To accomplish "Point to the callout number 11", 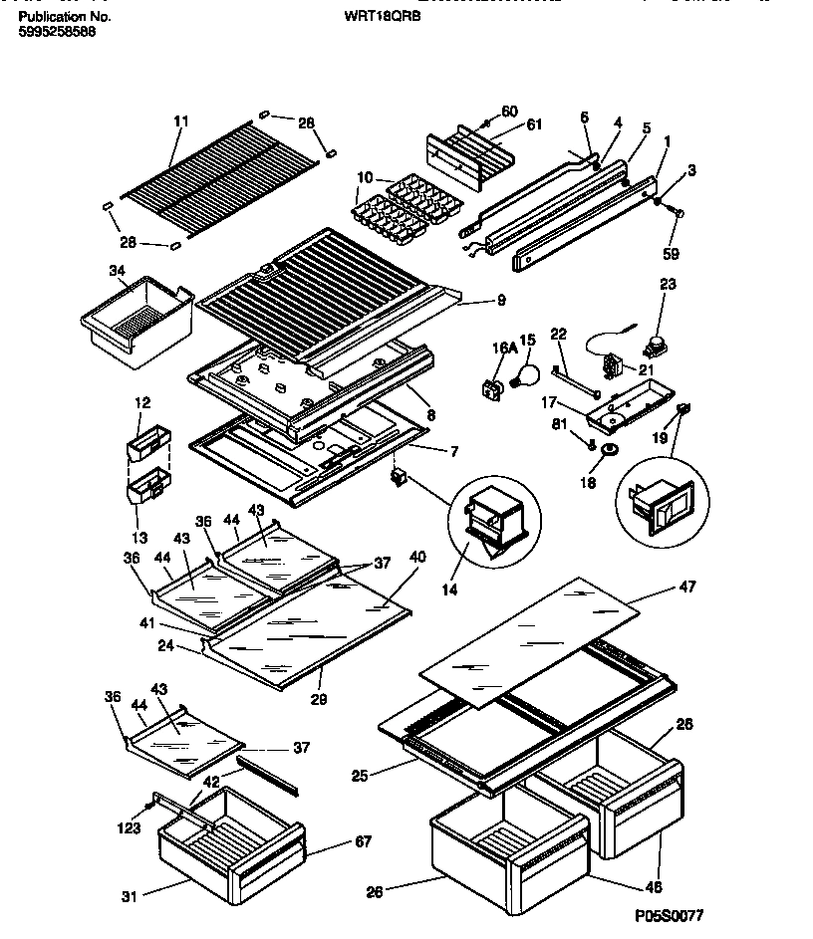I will [x=180, y=121].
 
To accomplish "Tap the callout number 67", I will [x=362, y=842].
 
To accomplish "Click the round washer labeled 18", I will [x=606, y=455].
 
